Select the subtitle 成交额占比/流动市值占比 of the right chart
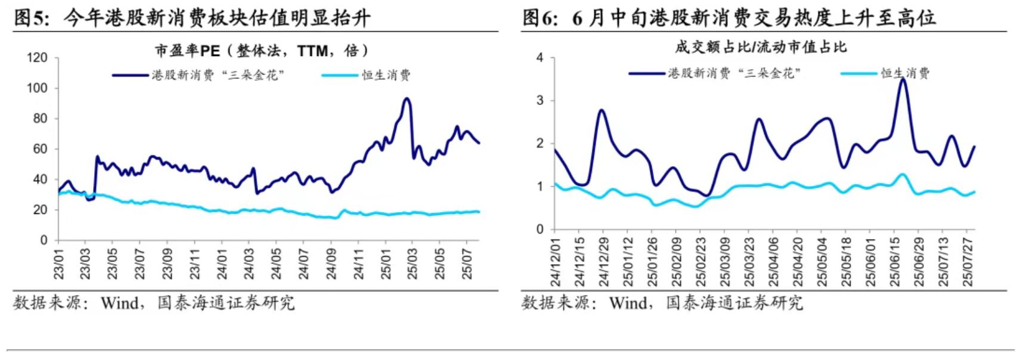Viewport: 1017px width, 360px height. tap(761, 46)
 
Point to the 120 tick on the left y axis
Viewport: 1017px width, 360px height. tap(37, 58)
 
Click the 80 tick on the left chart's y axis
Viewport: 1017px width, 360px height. tap(39, 119)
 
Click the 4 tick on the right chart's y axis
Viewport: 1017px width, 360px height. tap(540, 58)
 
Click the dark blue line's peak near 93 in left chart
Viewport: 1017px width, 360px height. tap(407, 98)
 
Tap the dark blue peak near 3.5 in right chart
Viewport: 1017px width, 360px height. tap(903, 79)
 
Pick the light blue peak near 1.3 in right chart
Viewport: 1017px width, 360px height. tap(903, 174)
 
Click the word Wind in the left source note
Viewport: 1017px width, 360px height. tap(119, 303)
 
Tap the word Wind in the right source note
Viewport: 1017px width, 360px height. tap(628, 303)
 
